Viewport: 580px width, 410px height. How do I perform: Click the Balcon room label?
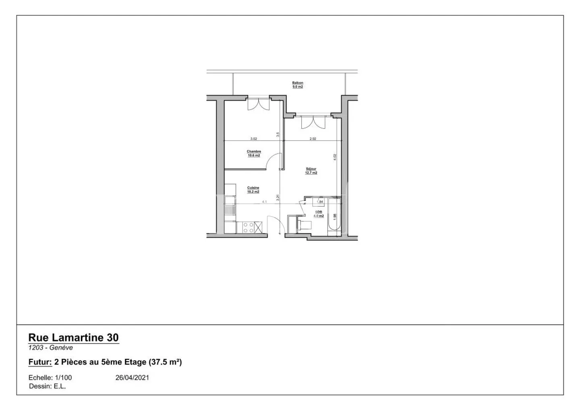click(298, 85)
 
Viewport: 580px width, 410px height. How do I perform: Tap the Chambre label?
click(254, 153)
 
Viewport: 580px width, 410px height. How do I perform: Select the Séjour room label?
click(311, 171)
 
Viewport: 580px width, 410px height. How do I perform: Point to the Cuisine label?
click(253, 190)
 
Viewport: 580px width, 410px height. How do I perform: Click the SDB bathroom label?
click(319, 214)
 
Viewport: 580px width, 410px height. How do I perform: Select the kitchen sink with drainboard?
click(230, 205)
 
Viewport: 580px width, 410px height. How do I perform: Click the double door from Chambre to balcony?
click(258, 104)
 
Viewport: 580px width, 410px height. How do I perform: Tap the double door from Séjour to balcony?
click(313, 122)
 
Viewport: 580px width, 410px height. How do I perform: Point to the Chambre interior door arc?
click(274, 161)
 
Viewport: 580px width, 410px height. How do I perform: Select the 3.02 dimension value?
click(253, 139)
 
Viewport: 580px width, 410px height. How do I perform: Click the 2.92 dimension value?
click(313, 139)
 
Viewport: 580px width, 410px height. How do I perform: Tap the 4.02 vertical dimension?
click(335, 157)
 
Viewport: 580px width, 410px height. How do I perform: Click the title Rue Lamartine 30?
click(74, 338)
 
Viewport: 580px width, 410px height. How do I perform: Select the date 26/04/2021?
click(132, 378)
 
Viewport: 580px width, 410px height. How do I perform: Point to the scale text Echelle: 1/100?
click(50, 378)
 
